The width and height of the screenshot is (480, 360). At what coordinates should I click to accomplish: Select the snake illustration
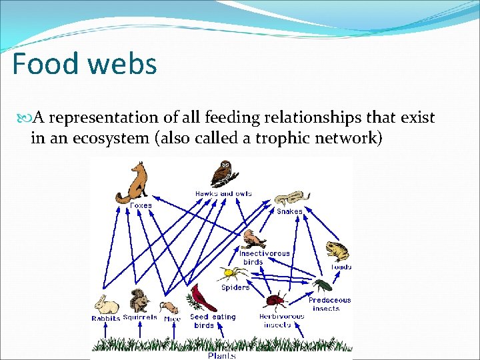[291, 198]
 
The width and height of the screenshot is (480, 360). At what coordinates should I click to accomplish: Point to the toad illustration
[337, 251]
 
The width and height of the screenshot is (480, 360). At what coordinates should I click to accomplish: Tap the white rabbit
[105, 305]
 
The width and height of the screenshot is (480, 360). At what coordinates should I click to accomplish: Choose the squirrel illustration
[139, 301]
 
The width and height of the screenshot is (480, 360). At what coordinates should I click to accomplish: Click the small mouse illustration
[169, 307]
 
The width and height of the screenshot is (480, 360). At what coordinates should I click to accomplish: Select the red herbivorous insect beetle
[277, 300]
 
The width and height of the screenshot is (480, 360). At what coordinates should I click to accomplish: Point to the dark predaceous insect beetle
[323, 287]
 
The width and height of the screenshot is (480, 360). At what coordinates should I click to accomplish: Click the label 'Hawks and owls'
[223, 193]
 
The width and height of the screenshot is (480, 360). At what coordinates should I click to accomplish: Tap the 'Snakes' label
[290, 211]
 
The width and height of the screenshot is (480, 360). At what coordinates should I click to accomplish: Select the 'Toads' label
[341, 267]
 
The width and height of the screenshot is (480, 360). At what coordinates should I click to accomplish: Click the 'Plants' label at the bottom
[221, 356]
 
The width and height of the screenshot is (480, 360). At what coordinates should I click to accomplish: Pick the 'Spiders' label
[235, 288]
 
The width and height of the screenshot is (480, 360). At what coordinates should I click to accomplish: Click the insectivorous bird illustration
[254, 239]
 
